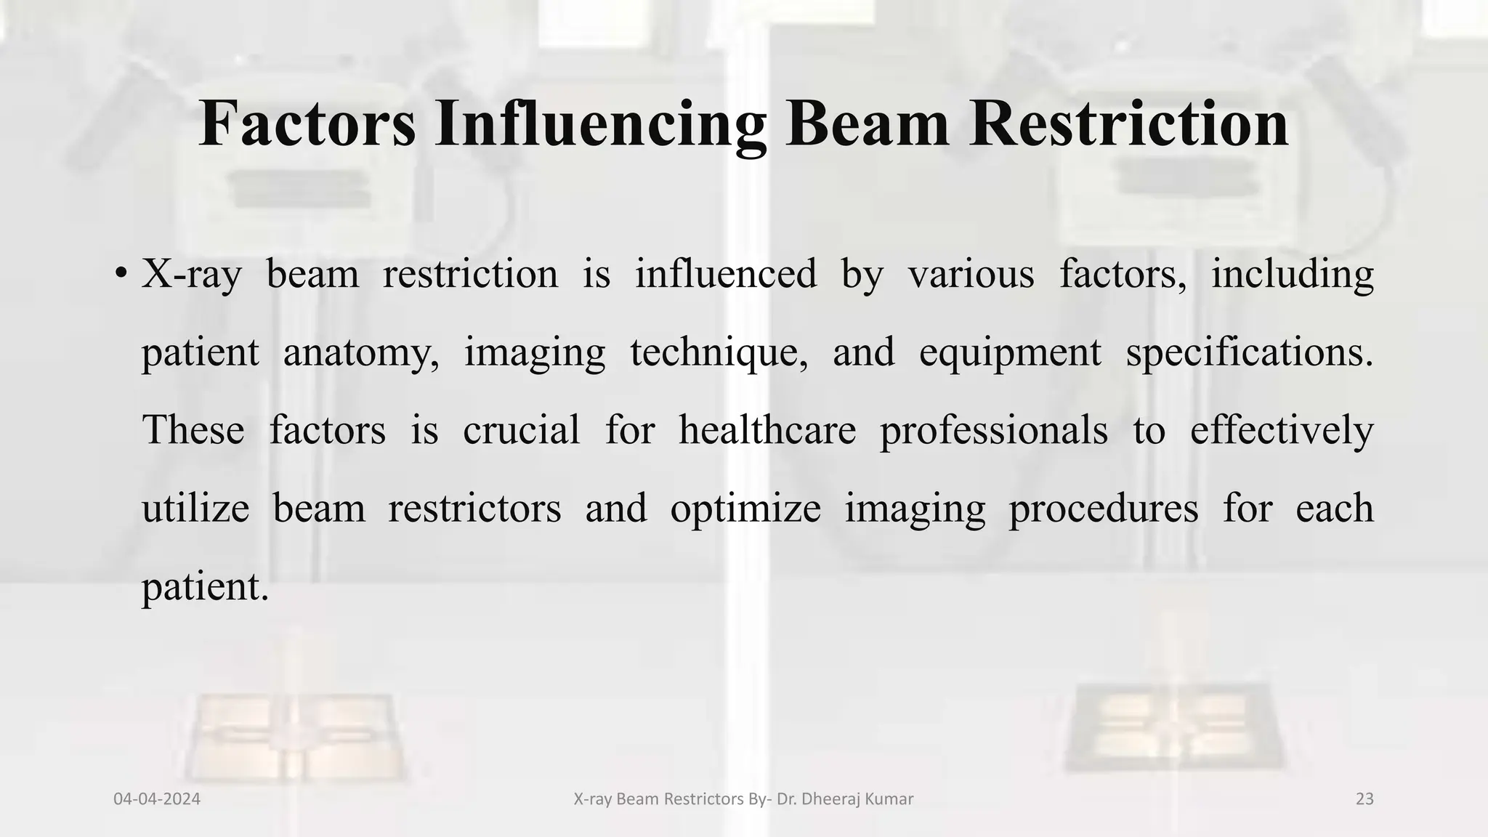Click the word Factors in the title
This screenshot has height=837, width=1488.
307,124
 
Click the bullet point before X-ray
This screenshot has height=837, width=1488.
121,275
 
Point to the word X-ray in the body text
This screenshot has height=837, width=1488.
191,275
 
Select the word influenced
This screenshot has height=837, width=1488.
726,274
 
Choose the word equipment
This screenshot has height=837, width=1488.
1010,353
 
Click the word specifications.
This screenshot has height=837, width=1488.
1250,353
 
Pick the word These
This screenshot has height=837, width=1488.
193,429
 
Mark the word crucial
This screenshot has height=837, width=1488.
521,429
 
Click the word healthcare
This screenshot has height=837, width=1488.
767,429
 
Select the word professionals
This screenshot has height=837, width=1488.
993,429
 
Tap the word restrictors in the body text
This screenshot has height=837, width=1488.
474,508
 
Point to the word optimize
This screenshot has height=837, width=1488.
745,508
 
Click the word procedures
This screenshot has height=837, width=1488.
1103,508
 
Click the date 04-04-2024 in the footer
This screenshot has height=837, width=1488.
157,799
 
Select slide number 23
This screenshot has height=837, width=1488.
1364,799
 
